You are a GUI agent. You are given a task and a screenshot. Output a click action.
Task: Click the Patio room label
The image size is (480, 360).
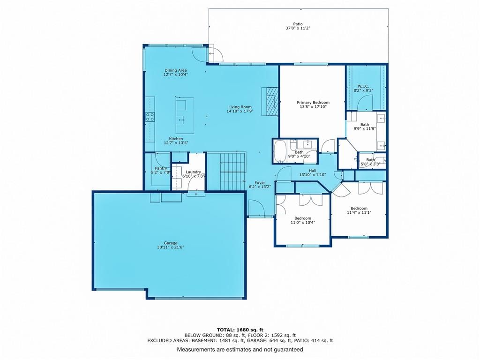298,24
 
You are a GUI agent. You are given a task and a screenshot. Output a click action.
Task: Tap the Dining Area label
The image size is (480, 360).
175,70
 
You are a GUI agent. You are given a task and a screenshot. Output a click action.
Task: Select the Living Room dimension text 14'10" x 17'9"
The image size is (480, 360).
240,111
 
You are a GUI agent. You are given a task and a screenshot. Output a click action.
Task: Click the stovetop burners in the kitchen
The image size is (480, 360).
150,116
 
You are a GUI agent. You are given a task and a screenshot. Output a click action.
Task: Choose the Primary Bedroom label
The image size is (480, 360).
313,103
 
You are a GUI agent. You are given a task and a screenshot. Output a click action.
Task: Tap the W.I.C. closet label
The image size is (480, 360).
363,86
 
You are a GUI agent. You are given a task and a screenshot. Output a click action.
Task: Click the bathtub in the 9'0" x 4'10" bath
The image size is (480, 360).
280,151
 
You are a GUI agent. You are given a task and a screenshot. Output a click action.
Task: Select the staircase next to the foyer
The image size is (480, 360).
233,171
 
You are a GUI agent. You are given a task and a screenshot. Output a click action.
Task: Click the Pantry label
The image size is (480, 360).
161,168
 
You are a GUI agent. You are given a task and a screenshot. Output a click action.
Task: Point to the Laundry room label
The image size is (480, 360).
193,172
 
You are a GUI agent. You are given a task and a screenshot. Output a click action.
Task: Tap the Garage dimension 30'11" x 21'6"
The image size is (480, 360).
171,247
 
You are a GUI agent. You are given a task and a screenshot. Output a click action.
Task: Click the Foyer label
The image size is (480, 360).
260,182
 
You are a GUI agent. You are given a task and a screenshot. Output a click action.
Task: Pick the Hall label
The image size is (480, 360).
313,171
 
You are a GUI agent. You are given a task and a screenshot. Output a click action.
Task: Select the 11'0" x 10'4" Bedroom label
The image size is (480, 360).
302,218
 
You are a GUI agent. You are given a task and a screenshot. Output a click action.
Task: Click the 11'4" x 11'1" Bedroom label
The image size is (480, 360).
359,208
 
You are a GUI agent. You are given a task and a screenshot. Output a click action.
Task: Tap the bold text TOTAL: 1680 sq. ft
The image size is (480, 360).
240,330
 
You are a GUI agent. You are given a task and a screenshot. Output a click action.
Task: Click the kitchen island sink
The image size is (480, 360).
180,120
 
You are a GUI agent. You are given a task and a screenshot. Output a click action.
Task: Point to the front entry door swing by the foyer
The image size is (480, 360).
256,208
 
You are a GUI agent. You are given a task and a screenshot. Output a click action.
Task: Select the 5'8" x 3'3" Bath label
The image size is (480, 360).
370,160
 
